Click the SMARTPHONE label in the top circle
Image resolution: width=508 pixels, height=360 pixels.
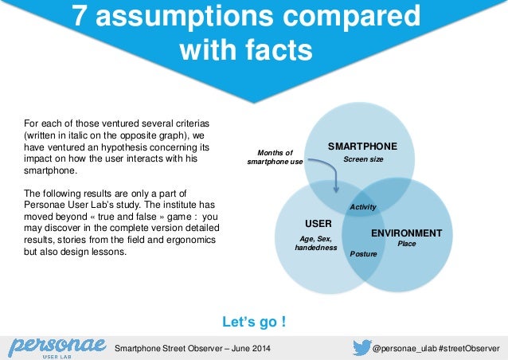[362, 147]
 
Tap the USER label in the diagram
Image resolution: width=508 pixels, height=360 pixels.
[313, 222]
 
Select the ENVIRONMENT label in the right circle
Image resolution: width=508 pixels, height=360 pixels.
[406, 233]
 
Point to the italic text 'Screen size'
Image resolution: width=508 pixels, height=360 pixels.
[363, 160]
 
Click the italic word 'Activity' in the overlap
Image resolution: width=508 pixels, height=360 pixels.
[363, 207]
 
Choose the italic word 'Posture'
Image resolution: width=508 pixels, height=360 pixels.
[363, 252]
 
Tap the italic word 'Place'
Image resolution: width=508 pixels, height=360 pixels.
[407, 245]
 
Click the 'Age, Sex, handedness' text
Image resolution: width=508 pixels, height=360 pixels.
[315, 242]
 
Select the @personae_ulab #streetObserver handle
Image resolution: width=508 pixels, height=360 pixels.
[436, 348]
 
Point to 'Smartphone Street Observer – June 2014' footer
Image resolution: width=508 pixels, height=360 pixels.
[193, 348]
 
